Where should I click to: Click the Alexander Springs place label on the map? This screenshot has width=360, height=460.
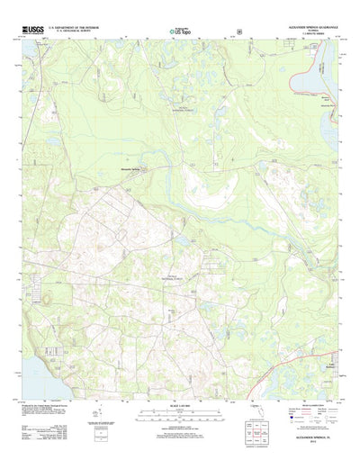pos(149,166)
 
